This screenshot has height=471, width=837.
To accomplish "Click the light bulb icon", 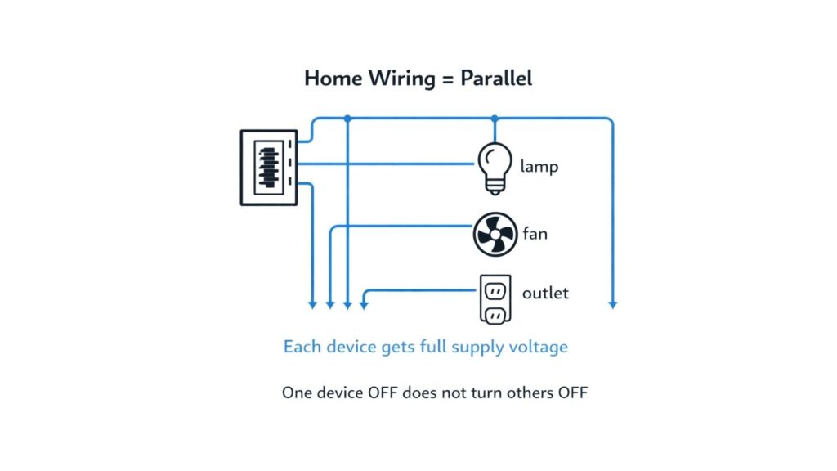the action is (x=495, y=166).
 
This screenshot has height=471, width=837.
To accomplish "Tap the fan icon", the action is (x=495, y=234).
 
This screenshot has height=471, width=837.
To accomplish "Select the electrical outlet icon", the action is (x=495, y=300).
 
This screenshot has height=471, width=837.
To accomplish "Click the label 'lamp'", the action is (x=539, y=167).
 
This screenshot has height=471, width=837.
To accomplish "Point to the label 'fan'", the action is (x=535, y=234).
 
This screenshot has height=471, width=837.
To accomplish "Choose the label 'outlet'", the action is (x=545, y=293).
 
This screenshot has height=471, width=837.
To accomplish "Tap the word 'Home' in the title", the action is (x=329, y=78).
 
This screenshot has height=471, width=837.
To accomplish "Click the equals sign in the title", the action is (x=445, y=79).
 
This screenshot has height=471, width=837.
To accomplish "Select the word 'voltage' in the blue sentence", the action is (x=536, y=347).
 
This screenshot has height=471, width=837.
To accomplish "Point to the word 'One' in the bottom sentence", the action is (x=297, y=392).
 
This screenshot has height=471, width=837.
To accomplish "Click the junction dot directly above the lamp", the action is (x=495, y=119).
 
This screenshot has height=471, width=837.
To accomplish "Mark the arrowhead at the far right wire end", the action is (x=612, y=305).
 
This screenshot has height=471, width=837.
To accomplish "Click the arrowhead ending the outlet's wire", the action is (x=364, y=305).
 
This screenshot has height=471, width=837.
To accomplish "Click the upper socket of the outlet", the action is (x=495, y=289).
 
